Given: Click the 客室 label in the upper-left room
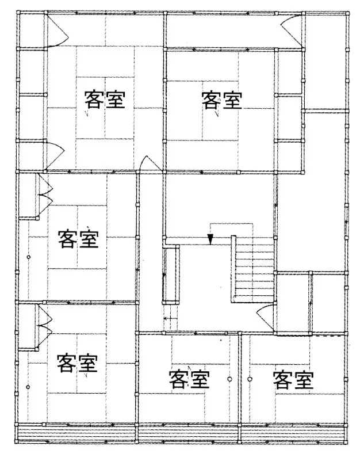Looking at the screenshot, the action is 105,100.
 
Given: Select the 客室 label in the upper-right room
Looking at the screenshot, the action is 222,100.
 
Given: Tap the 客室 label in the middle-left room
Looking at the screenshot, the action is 78,239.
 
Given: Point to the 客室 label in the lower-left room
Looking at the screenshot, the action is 77,363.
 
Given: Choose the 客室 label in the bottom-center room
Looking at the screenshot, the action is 189,379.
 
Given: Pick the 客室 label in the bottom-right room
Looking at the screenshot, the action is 293,379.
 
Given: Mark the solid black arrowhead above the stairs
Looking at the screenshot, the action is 210,239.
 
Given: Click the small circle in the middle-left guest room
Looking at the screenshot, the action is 29,257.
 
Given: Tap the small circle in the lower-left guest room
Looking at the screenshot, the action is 28,387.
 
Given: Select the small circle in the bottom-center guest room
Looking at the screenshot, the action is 230,379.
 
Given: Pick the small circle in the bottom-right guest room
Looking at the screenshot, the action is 250,379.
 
